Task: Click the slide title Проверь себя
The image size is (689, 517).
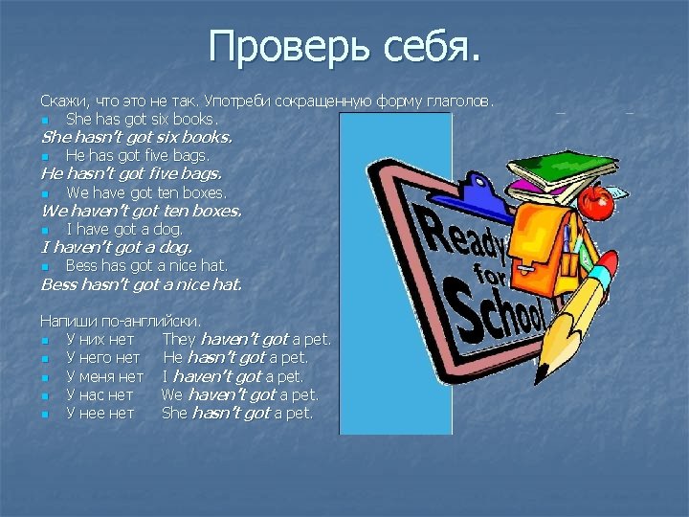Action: [x=344, y=47]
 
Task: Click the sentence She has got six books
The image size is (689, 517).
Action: [x=142, y=119]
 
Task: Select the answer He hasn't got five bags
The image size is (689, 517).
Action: [x=131, y=173]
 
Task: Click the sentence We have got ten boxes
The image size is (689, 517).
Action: [x=145, y=192]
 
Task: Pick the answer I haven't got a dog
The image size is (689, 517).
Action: [x=116, y=247]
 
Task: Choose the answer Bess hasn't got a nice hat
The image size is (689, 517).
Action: [x=142, y=283]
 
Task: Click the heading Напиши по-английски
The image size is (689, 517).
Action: [x=121, y=322]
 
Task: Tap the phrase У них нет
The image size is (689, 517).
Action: [x=100, y=340]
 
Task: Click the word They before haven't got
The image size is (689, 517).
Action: [x=179, y=340]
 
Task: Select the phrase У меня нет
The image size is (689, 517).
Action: [x=104, y=376]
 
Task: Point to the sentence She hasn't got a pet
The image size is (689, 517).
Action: [x=237, y=414]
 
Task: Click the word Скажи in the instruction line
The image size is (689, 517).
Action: [x=60, y=101]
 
